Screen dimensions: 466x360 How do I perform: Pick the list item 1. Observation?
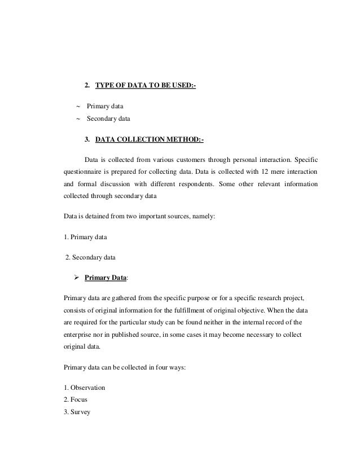click(x=84, y=388)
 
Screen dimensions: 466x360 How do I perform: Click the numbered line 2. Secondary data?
click(x=90, y=258)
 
